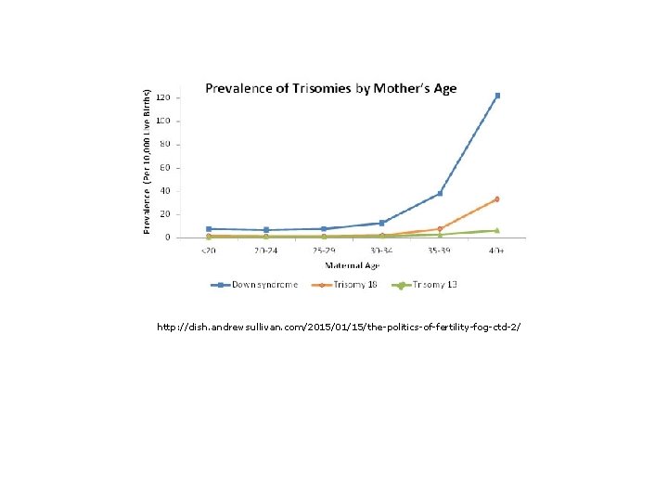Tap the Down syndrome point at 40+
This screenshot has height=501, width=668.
coord(497,96)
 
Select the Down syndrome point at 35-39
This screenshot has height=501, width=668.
coord(440,193)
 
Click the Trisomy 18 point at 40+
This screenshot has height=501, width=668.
coord(497,199)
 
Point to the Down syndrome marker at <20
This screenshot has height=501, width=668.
coord(209,228)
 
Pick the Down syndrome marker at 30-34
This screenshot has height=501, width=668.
coord(381,223)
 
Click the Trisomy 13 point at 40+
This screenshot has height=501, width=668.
coord(497,230)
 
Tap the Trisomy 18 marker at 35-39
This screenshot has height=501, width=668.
coord(440,228)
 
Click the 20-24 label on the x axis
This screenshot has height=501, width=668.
coord(266,250)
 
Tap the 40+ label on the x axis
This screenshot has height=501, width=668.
coord(497,250)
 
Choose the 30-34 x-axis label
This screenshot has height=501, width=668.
coord(381,250)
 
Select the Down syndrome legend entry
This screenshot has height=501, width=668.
coord(254,285)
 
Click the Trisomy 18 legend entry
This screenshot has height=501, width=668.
coord(345,285)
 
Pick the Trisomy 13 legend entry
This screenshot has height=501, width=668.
coord(426,285)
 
